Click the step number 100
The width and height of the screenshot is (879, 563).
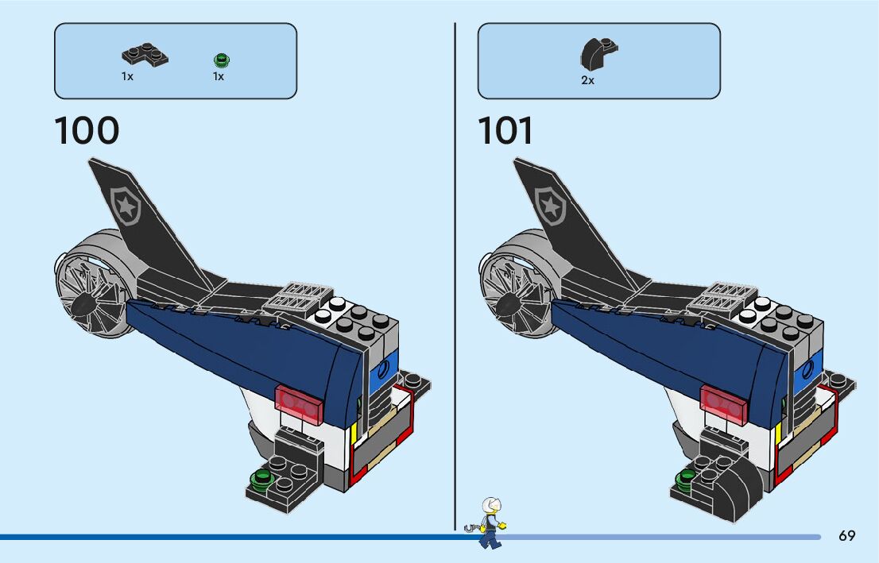[x=87, y=131]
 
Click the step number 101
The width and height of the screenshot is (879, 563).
[x=505, y=131]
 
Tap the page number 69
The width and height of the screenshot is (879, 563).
[x=846, y=536]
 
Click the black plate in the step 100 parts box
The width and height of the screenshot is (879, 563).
[x=145, y=56]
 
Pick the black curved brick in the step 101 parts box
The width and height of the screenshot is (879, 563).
[x=598, y=55]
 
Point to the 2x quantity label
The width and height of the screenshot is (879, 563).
[x=587, y=80]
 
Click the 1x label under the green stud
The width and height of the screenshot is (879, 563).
[x=219, y=77]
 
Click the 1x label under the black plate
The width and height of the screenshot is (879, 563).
[x=127, y=77]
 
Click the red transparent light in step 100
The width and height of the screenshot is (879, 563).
[x=299, y=402]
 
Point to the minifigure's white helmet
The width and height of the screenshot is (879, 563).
[x=492, y=505]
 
